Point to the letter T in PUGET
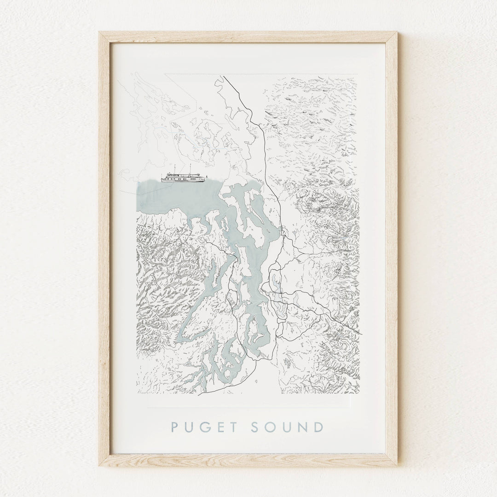(x=233, y=427)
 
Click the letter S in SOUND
(x=256, y=427)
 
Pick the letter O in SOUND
(x=271, y=427)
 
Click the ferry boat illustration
(x=183, y=177)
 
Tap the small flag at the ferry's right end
(x=208, y=176)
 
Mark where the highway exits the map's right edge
(x=360, y=334)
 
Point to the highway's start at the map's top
(x=224, y=77)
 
